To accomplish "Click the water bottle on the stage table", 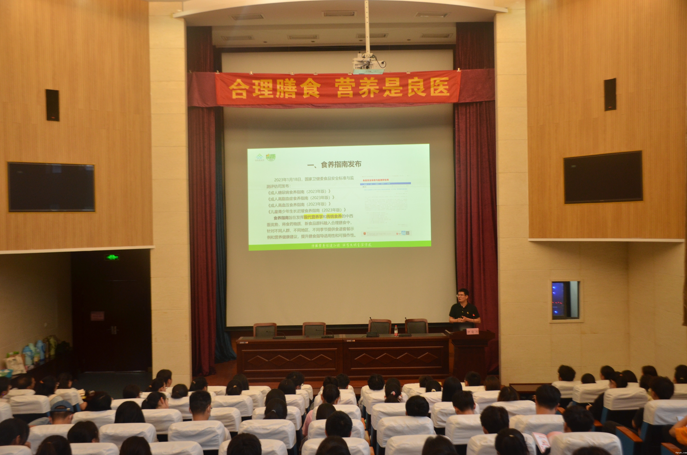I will pos(396,330).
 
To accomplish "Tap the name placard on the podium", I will pos(472,332).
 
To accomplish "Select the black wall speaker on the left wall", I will pos(53,105).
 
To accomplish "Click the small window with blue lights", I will pos(565,300).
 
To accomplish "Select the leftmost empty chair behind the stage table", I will pos(265,330).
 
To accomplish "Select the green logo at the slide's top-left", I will pos(259,157).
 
